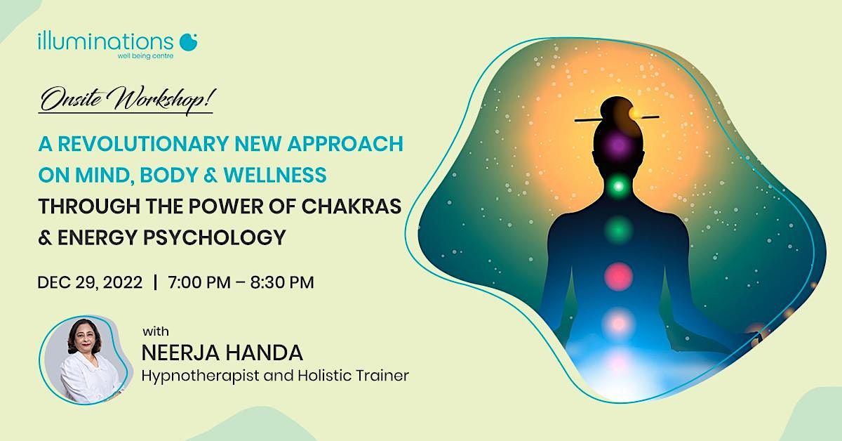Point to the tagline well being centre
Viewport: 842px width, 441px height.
(146, 56)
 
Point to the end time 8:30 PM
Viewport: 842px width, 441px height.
(283, 283)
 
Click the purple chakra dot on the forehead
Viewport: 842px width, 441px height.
(617, 145)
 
